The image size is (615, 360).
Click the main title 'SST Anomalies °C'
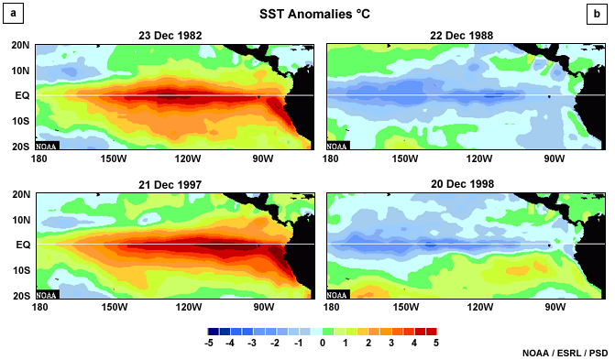coord(306,16)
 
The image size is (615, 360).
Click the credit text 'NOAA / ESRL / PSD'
coord(565,352)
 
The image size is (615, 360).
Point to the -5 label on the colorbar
coord(211,343)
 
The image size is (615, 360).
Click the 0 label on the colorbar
coord(322,343)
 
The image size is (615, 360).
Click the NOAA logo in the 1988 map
coord(337,145)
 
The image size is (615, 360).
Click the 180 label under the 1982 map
coord(38,158)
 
